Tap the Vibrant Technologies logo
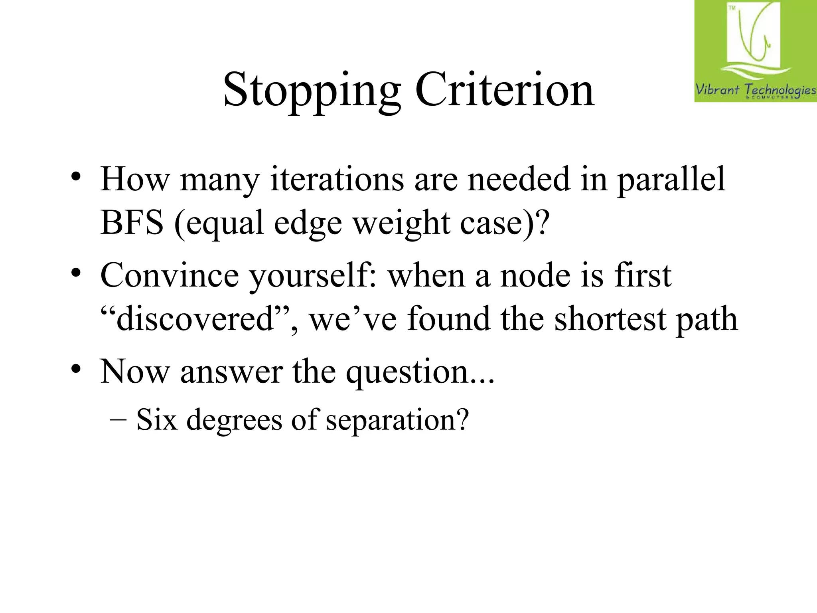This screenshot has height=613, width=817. (755, 51)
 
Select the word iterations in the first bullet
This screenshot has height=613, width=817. (337, 180)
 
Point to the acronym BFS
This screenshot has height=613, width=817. (132, 222)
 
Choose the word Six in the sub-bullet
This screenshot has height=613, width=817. (156, 419)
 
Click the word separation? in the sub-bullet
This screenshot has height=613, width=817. (397, 420)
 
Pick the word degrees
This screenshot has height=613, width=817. (234, 420)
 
